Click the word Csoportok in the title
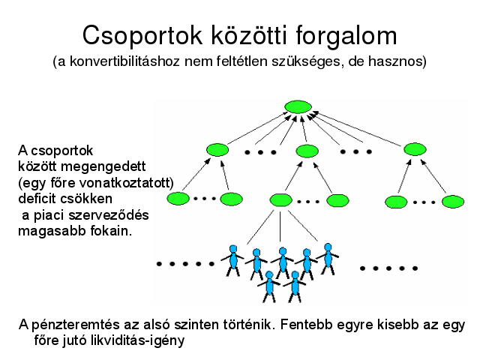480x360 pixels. point(142,36)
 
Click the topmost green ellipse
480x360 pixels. point(298,106)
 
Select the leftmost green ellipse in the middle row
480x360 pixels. point(217,150)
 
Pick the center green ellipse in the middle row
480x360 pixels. point(307,151)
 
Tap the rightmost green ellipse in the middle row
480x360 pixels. point(415,149)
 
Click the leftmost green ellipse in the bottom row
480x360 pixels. point(178,199)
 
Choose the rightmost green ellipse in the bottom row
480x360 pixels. point(453,202)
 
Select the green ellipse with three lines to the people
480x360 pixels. point(280,200)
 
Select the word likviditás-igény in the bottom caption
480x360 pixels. point(138,340)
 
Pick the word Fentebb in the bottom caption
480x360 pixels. point(306,325)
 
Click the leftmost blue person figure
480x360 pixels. point(233,261)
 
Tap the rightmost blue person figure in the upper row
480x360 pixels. point(328,259)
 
